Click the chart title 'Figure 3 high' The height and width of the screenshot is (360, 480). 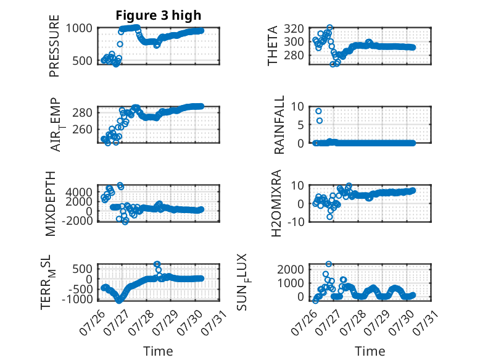(x=159, y=15)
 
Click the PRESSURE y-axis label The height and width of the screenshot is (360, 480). (x=54, y=46)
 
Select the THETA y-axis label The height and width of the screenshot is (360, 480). (x=272, y=46)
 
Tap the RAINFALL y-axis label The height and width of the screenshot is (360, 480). (x=279, y=125)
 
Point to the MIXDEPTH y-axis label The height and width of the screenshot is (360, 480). (x=50, y=204)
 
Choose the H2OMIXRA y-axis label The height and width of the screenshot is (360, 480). (x=276, y=203)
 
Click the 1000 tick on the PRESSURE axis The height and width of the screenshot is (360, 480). (x=79, y=28)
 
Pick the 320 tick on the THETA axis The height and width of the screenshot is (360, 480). (x=294, y=28)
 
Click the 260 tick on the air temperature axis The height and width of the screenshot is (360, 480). (x=82, y=129)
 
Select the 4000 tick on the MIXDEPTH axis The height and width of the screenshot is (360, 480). (x=79, y=192)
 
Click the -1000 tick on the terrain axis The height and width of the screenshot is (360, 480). (x=77, y=299)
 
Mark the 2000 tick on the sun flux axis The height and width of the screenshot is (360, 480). (x=291, y=269)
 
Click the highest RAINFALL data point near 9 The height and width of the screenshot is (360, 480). (x=319, y=111)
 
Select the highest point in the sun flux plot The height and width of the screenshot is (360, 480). (x=328, y=264)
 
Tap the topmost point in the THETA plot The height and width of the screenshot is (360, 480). (x=329, y=28)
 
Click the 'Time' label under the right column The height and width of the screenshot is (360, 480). (x=370, y=351)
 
